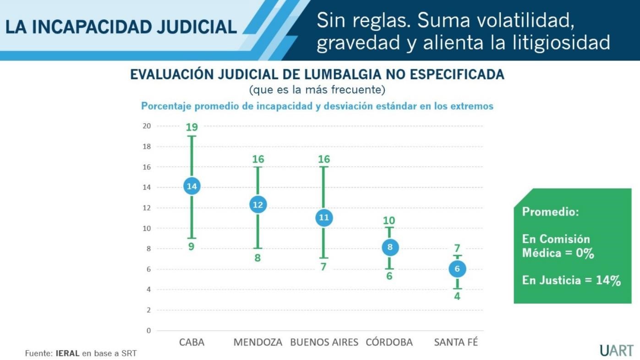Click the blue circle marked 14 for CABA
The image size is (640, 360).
point(191,186)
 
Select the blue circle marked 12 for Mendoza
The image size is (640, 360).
point(258,205)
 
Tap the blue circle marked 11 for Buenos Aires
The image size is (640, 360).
point(324,218)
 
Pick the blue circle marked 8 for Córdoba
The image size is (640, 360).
point(390,247)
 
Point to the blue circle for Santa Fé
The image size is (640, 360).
point(457,269)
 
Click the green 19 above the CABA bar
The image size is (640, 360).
point(191,127)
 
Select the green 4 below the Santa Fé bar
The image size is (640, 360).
point(457,296)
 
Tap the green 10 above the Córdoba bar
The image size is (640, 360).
point(389,221)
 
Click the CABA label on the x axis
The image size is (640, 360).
point(191,342)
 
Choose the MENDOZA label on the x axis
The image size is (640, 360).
point(258,342)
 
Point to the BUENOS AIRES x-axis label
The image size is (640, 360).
point(324,342)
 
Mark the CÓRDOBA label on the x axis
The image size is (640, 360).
point(389,342)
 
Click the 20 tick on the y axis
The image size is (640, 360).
point(147,126)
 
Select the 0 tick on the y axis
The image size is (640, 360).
point(148,330)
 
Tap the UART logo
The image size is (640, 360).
point(617,350)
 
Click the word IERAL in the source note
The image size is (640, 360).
point(68,353)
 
